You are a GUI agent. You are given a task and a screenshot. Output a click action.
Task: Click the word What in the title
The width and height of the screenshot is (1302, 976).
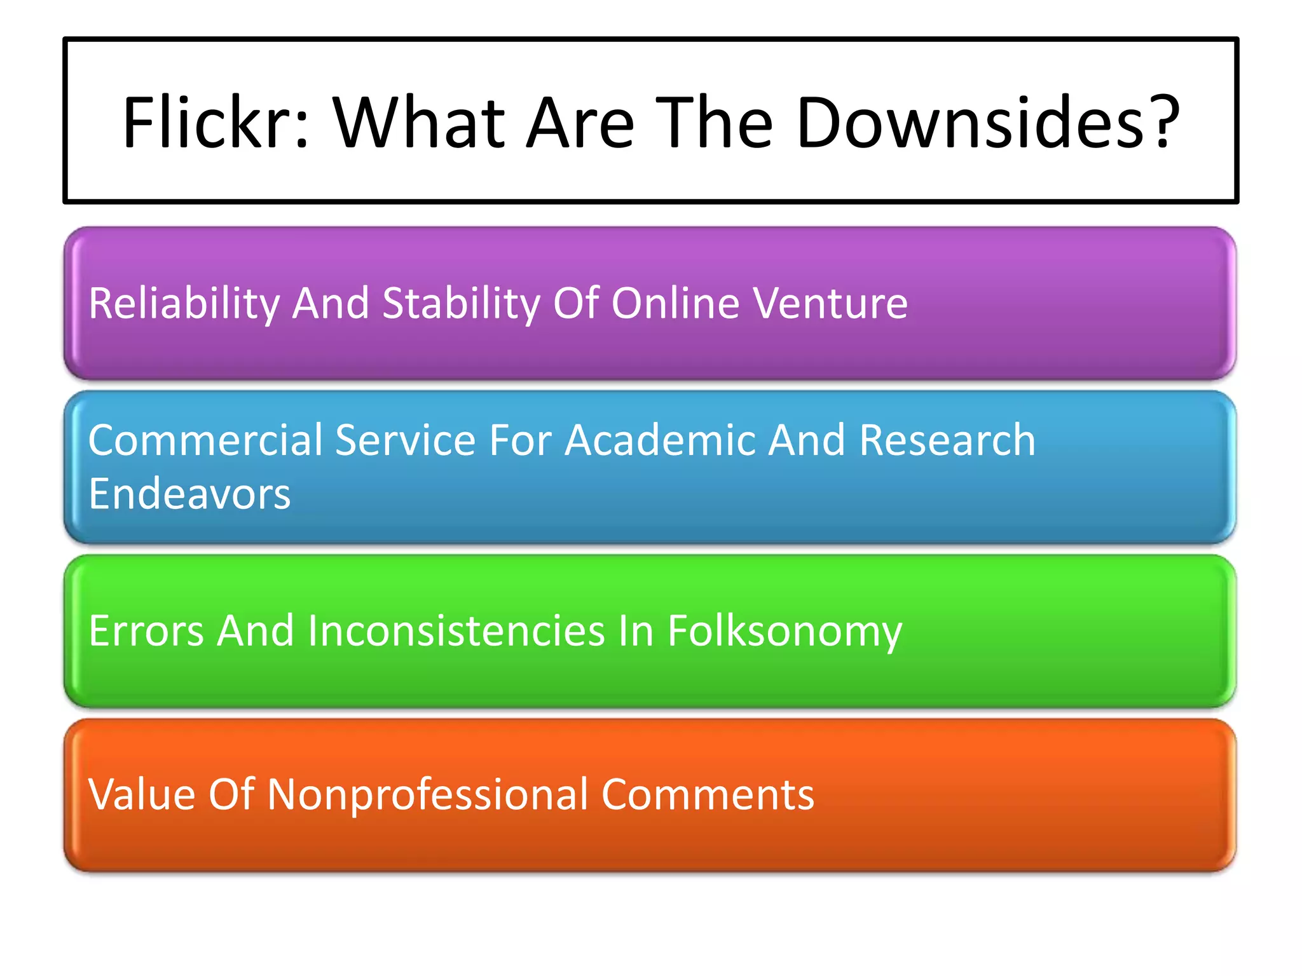click(420, 122)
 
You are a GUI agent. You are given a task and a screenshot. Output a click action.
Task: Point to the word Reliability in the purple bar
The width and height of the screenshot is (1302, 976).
click(184, 303)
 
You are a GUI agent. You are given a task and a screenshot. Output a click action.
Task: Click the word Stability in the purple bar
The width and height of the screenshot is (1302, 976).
click(461, 303)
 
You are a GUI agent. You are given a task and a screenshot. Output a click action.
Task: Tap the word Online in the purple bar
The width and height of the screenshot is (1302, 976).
click(675, 303)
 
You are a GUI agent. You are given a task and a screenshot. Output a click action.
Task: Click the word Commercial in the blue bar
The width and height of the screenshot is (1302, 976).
click(206, 440)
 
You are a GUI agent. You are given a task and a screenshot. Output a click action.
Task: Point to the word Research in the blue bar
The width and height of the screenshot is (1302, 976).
click(947, 440)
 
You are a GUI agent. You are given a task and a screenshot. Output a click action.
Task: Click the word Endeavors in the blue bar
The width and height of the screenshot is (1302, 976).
click(189, 494)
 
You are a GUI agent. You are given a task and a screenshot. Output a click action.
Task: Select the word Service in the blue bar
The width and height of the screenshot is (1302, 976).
click(406, 440)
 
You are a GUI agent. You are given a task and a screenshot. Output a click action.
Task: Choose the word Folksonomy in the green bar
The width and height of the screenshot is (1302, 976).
click(785, 632)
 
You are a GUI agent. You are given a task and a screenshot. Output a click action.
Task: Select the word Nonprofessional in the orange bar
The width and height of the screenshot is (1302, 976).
click(428, 796)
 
